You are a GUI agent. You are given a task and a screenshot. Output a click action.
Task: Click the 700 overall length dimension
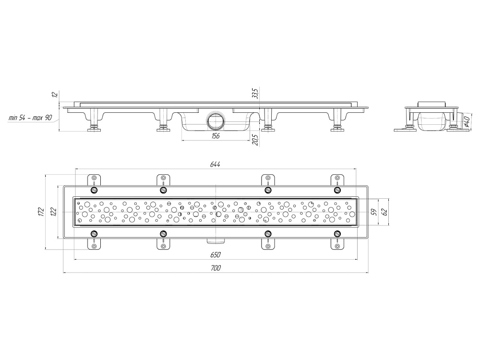(x=216, y=268)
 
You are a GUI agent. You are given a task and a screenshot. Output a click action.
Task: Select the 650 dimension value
(x=216, y=255)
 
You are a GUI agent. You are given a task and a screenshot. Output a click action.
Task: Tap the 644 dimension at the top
(x=215, y=164)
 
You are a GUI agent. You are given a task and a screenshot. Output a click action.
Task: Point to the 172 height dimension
(x=41, y=212)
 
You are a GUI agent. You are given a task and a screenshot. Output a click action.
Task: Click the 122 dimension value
(x=53, y=212)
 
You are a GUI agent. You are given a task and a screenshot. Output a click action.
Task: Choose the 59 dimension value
(x=373, y=212)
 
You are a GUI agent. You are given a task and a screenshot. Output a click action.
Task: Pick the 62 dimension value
(x=385, y=212)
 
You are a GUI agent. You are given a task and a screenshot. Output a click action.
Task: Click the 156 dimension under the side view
(x=215, y=136)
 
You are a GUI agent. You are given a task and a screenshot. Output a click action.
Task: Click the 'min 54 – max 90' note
(x=30, y=118)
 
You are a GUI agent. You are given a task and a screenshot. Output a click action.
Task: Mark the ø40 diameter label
(x=467, y=121)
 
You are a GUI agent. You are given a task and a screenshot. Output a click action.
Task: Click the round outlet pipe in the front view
(x=216, y=121)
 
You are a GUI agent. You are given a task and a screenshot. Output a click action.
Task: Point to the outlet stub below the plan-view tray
(x=216, y=241)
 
